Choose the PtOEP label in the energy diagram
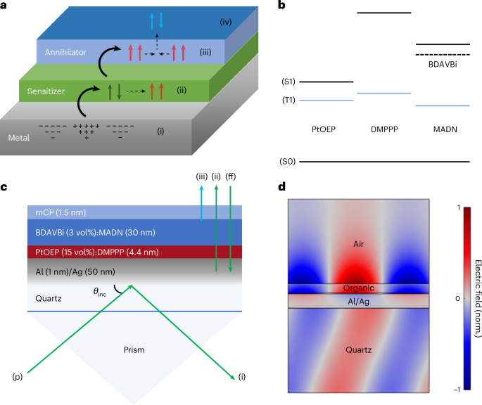coord(327,130)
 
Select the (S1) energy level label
coord(288,82)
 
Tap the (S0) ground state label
coord(288,162)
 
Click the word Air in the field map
coord(360,243)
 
